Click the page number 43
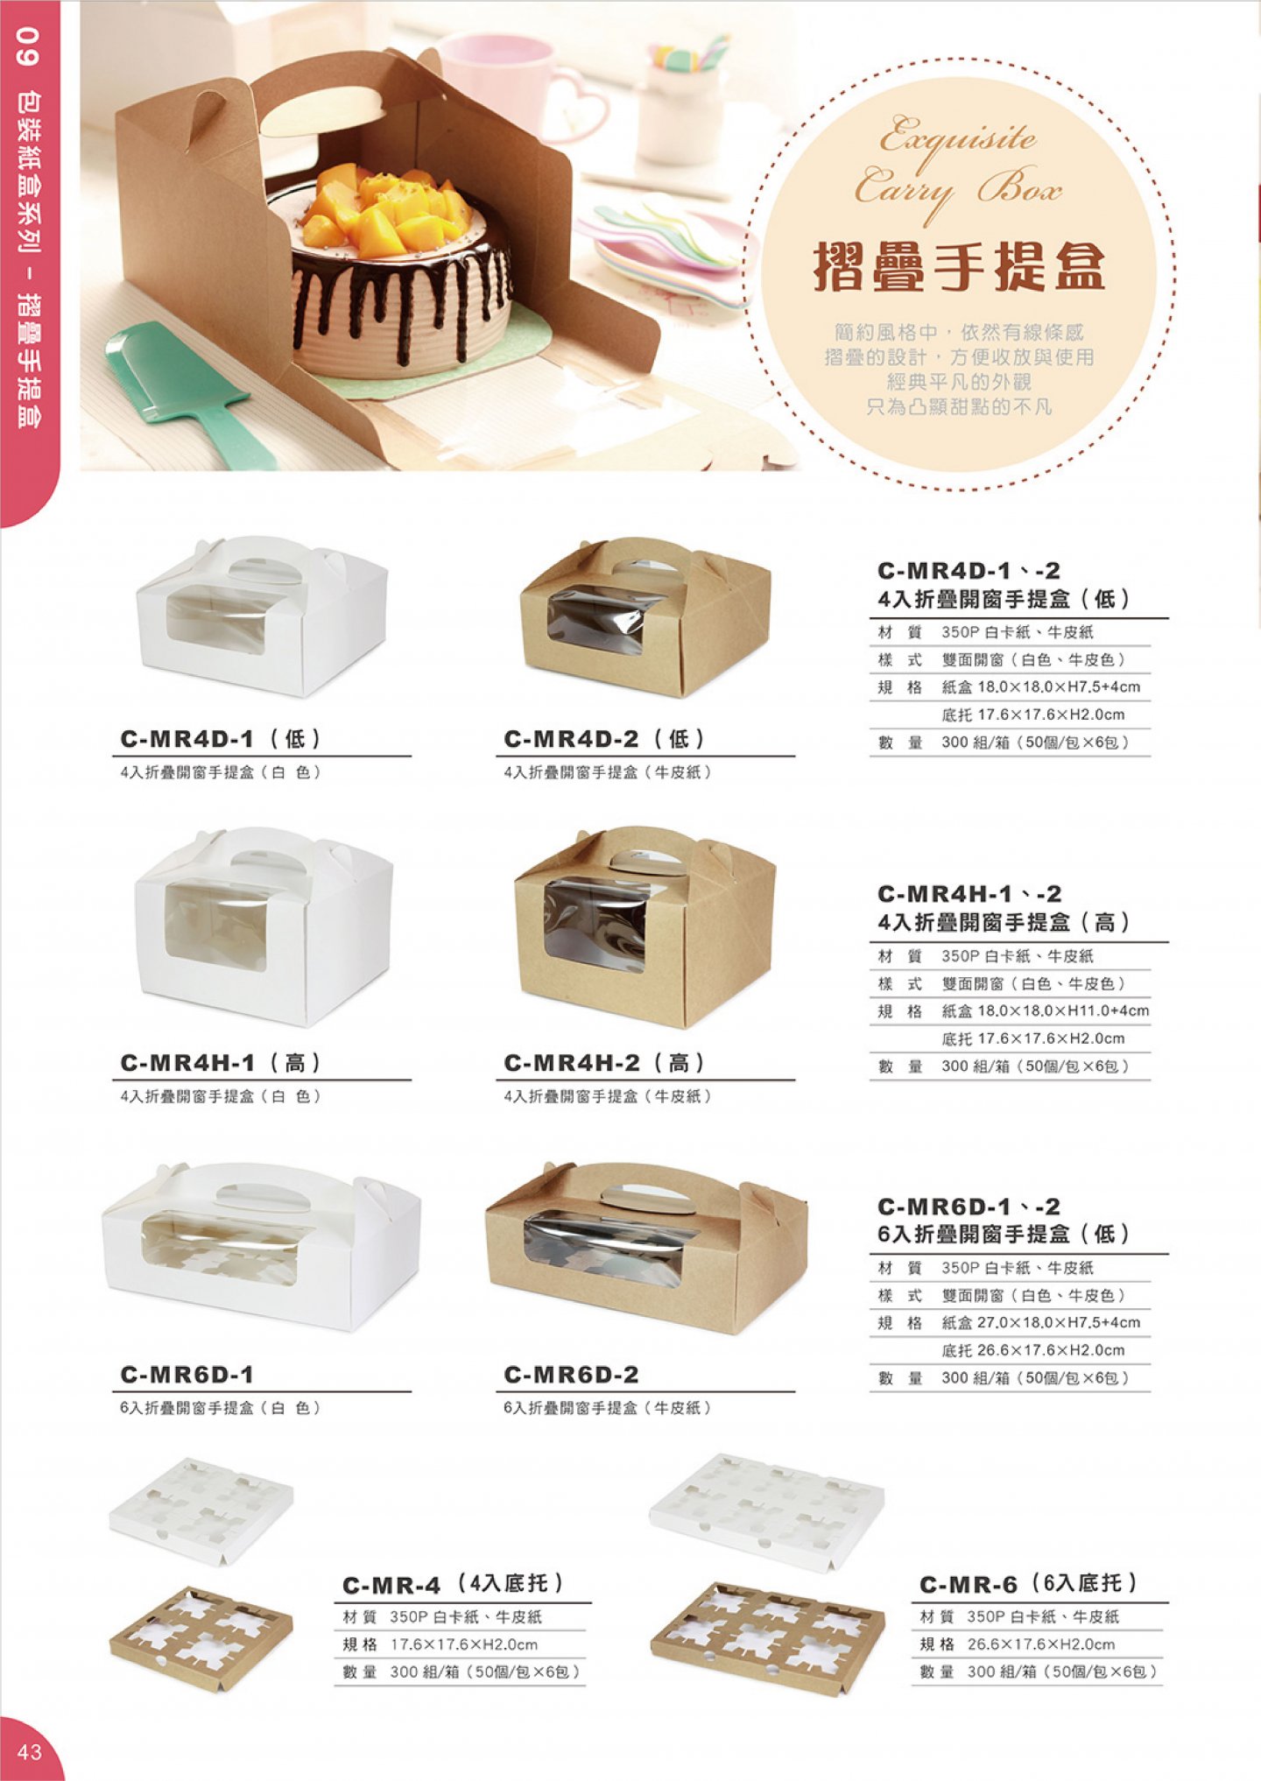click(29, 1750)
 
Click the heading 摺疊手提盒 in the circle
click(959, 266)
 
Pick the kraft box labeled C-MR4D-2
click(645, 616)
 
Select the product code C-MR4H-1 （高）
click(222, 1063)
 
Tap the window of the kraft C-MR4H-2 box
click(595, 925)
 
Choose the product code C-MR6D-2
click(571, 1375)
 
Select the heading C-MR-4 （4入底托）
click(453, 1584)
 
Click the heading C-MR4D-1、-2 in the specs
click(969, 571)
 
